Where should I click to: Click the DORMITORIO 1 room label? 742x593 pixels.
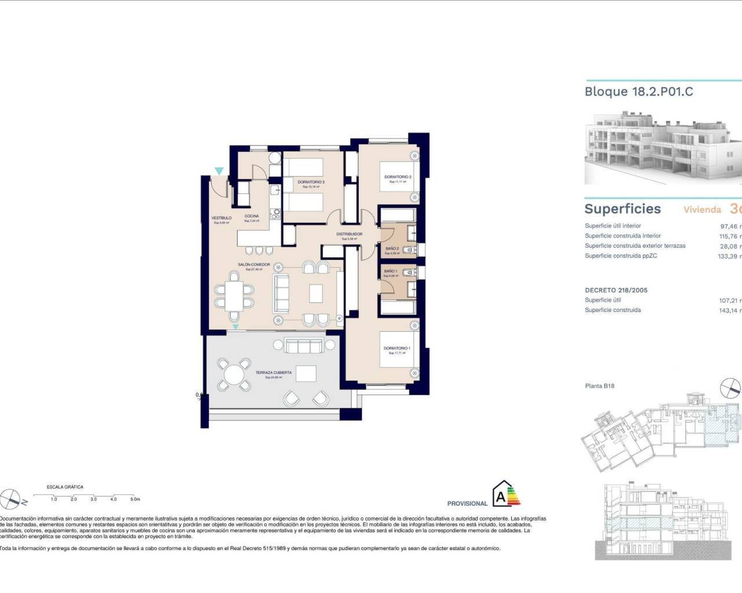click(397, 349)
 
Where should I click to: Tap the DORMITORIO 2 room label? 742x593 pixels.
click(398, 177)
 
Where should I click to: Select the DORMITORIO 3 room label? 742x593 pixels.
click(311, 182)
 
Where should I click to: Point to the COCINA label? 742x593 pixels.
click(252, 216)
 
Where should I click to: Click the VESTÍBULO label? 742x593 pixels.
click(221, 218)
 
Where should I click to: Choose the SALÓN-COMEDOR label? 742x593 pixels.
click(254, 265)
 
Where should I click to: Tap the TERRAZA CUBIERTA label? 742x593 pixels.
click(274, 373)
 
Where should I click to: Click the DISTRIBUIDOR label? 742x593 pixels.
click(350, 235)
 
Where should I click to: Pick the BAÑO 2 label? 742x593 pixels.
click(392, 249)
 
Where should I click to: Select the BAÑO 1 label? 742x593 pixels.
click(391, 271)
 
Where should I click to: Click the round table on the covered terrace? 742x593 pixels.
click(234, 375)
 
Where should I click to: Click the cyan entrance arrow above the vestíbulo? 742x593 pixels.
click(219, 171)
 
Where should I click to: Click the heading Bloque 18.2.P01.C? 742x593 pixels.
click(639, 91)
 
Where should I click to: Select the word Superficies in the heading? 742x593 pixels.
click(623, 209)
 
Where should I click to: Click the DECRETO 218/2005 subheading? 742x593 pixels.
click(616, 290)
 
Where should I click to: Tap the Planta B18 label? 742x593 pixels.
click(599, 386)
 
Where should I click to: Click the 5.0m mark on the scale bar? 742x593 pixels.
click(134, 499)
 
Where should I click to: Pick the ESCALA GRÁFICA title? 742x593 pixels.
click(65, 487)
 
